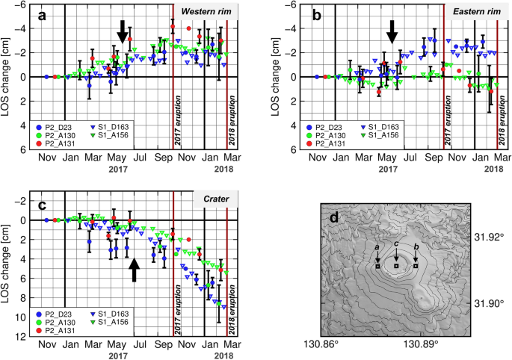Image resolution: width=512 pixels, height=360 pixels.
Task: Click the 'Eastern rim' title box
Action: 472,15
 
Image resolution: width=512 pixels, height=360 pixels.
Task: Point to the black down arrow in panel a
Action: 123,31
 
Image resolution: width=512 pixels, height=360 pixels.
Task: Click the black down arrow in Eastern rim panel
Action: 392,31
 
